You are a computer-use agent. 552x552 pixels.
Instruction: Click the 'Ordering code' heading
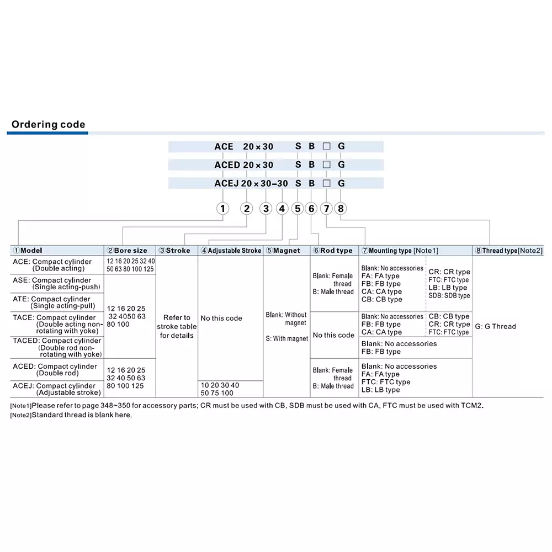tap(49, 125)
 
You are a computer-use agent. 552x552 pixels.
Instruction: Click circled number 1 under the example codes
tap(222, 208)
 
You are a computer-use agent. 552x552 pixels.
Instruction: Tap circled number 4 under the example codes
tap(282, 208)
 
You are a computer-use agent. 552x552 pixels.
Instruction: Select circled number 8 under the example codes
tap(341, 208)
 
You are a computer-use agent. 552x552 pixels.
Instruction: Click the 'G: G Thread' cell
tap(495, 326)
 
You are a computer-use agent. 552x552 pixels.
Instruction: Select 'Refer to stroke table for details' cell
tap(177, 326)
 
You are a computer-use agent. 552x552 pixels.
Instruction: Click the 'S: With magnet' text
tap(286, 338)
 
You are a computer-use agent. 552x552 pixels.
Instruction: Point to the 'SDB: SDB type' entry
tap(449, 296)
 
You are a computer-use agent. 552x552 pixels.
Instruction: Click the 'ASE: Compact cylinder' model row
tap(57, 284)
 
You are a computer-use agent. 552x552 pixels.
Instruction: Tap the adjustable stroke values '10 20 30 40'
tap(220, 385)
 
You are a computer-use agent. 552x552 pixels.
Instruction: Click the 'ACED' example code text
tap(227, 165)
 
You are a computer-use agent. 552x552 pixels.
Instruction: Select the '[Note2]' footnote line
tap(71, 415)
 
